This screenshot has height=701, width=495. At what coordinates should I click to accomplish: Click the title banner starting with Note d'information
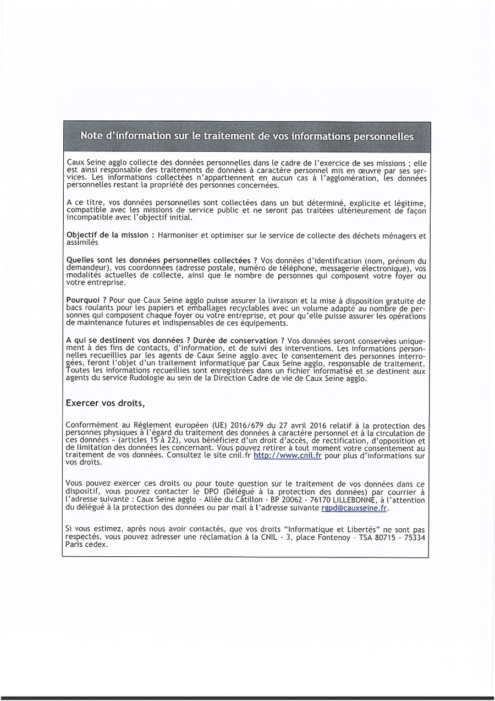coord(247,136)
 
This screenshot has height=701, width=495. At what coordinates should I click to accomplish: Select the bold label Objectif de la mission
coord(107,235)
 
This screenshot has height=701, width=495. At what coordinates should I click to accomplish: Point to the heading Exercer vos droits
coord(105,403)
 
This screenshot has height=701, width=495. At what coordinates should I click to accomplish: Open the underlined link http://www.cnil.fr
coord(288,456)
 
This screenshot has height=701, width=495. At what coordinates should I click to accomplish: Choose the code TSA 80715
coord(376,537)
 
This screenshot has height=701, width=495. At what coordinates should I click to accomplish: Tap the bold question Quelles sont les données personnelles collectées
coord(162,260)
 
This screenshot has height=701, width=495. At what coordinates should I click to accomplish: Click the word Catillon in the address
coord(244,500)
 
